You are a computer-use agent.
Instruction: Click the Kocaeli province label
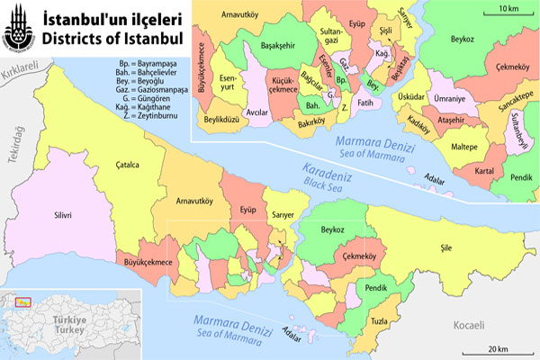click(x=468, y=325)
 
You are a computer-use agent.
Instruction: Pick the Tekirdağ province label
click(x=14, y=144)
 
